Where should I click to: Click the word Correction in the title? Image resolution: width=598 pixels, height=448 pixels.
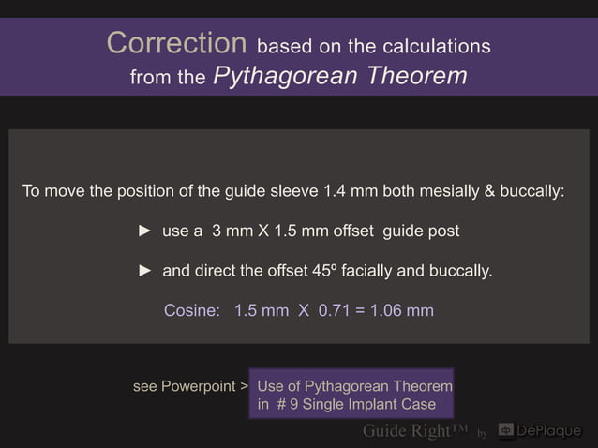(177, 42)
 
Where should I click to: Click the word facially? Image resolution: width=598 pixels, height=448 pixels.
(378, 272)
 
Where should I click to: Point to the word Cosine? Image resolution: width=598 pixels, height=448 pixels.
(192, 310)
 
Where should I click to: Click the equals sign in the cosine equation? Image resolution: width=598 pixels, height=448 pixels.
(361, 310)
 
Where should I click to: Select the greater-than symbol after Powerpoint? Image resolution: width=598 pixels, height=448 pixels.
(244, 386)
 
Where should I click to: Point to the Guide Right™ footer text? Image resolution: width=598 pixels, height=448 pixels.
(415, 431)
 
